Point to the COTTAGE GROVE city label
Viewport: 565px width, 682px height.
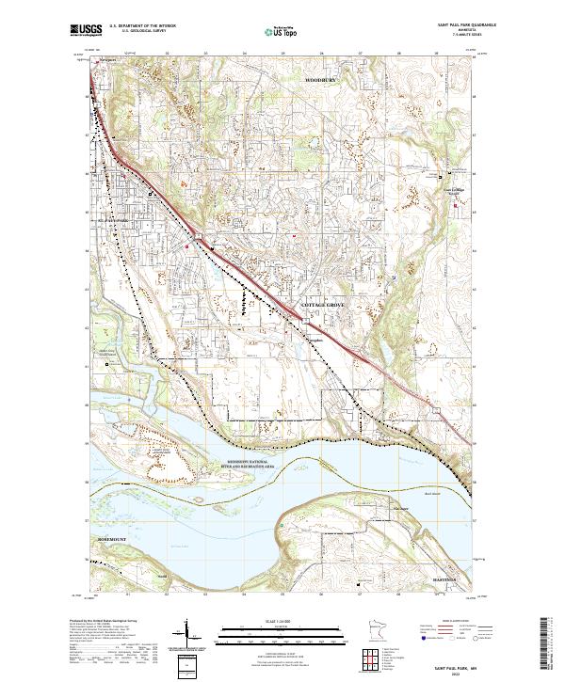tap(323, 307)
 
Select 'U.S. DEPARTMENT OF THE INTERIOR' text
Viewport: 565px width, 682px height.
tap(142, 25)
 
